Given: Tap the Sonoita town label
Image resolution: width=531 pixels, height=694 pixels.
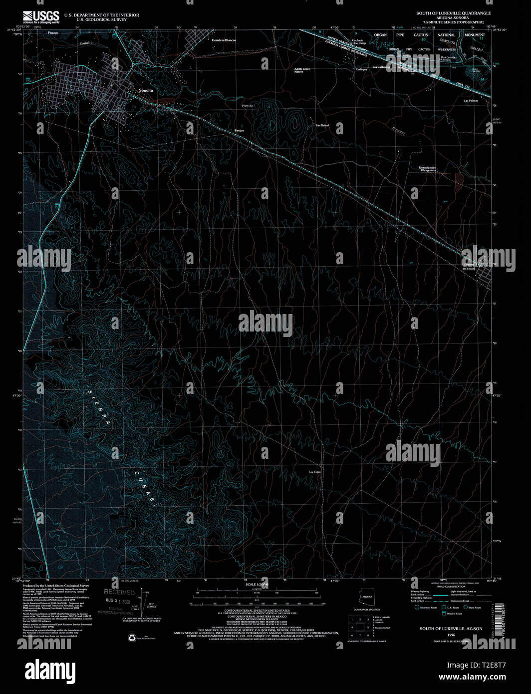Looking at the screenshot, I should [146, 90].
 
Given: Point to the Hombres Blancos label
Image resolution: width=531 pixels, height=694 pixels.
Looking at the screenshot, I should [224, 40].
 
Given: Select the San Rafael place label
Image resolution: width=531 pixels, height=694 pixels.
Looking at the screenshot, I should [322, 125].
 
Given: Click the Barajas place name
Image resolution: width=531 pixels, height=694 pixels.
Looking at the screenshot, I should [239, 130].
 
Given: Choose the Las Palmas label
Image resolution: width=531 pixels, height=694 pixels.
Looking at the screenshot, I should [471, 101].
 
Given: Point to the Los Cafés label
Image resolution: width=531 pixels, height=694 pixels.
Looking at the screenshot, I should [314, 471].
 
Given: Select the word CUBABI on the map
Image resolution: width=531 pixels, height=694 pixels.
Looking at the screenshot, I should [145, 489].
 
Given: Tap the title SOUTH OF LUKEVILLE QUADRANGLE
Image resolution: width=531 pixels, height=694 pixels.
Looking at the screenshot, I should [454, 13].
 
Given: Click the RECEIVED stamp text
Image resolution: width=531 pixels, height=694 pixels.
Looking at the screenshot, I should [119, 593].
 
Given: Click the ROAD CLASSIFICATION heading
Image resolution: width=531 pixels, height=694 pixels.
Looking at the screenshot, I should [448, 587].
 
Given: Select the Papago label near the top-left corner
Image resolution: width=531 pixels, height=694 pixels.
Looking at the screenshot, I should [53, 32].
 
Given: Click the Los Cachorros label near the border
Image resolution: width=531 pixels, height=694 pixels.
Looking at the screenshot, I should [381, 67].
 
